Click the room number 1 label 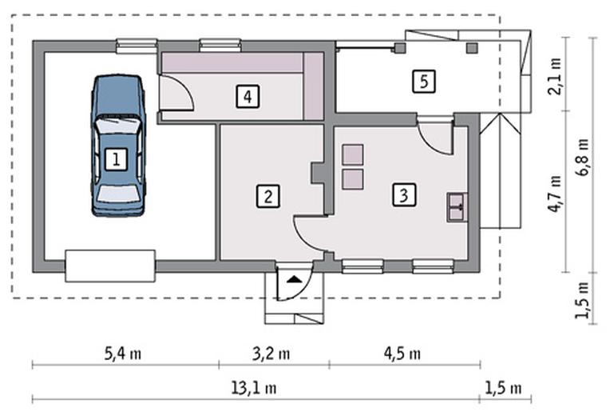click(116, 159)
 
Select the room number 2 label click(268, 196)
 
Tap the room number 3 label click(404, 194)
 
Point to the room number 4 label click(248, 96)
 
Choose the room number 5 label click(424, 82)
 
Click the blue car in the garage click(118, 146)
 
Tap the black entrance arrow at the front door click(295, 279)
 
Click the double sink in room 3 click(457, 207)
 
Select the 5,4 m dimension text click(122, 354)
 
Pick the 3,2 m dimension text click(271, 354)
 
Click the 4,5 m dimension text click(402, 354)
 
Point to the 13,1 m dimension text click(254, 388)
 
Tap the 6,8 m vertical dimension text click(584, 158)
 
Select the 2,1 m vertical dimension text click(555, 77)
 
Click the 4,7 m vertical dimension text click(555, 194)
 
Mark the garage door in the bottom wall click(110, 266)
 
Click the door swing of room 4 click(177, 93)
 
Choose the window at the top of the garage click(137, 46)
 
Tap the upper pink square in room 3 click(353, 154)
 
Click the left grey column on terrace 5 click(400, 48)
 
